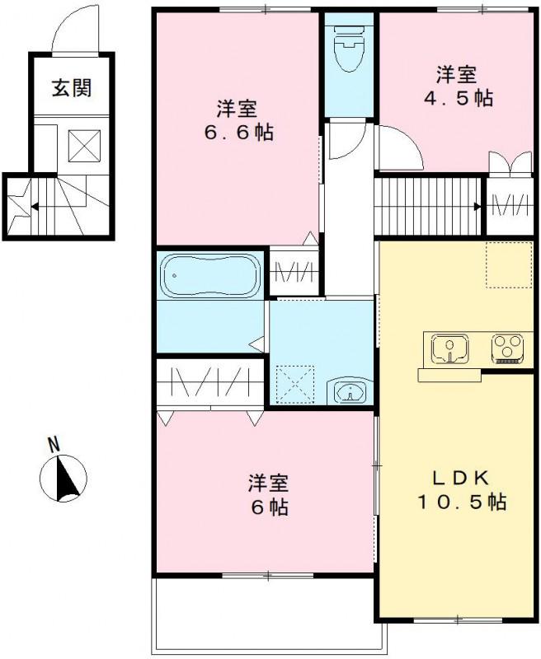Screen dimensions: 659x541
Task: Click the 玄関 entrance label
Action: coord(71,88)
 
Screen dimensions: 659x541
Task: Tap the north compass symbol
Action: coord(63,479)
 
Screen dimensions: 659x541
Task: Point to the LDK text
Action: coord(460,479)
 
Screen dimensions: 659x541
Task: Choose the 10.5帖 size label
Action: coord(460,501)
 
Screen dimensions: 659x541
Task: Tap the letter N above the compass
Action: coord(54,445)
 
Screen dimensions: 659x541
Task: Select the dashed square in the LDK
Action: coord(510,264)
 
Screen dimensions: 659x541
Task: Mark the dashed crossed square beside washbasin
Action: coord(295,382)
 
